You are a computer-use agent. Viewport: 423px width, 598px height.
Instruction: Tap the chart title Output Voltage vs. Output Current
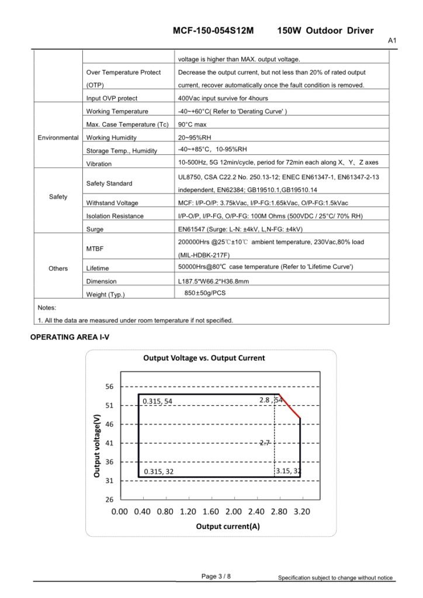[x=204, y=358]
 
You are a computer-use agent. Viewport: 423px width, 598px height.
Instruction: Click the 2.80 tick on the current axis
[x=279, y=512]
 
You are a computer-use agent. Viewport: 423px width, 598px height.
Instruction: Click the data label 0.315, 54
[x=158, y=401]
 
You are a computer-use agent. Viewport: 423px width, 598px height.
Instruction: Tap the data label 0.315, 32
[x=158, y=471]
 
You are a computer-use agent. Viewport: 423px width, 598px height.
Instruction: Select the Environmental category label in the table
[x=58, y=138]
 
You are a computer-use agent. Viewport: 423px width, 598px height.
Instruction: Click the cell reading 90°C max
[x=192, y=124]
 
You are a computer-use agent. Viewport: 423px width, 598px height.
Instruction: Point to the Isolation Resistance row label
[x=115, y=216]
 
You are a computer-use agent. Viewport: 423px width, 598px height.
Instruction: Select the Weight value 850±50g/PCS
[x=204, y=293]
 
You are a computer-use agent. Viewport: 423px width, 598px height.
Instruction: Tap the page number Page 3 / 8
[x=216, y=576]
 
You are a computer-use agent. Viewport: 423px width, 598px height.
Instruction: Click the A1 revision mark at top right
[x=392, y=41]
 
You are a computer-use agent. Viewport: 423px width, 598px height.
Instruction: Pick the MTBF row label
[x=96, y=249]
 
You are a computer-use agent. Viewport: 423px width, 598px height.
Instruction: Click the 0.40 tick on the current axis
[x=142, y=512]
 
